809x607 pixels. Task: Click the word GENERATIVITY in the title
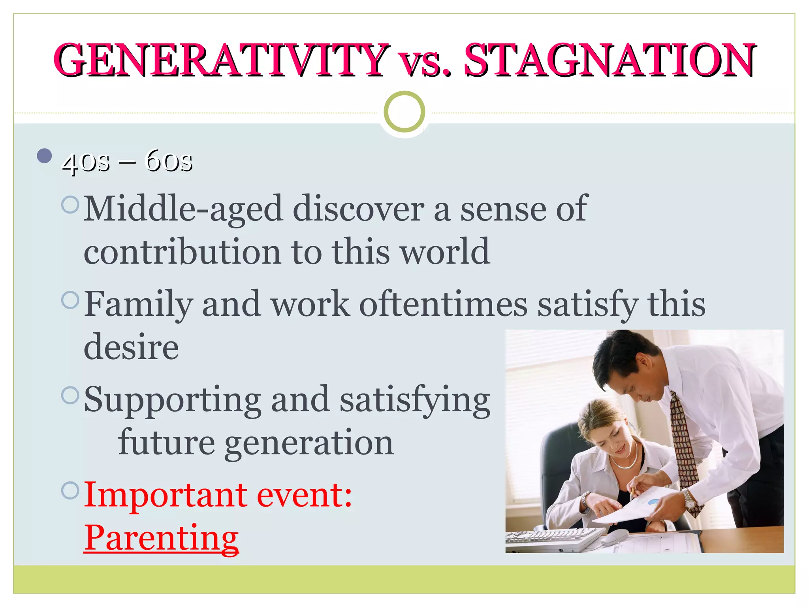[221, 60]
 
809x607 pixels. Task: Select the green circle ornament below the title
[404, 112]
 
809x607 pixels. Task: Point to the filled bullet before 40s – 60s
[44, 156]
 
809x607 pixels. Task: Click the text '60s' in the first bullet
[169, 161]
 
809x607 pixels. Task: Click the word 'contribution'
[182, 252]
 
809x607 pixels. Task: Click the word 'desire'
[131, 347]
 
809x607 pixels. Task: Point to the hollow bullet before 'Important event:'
[71, 490]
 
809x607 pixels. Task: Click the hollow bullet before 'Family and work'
[71, 300]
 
